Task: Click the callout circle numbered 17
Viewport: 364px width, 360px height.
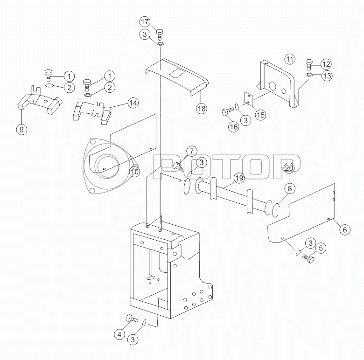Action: click(145, 22)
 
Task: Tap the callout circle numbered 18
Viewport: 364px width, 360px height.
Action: click(202, 108)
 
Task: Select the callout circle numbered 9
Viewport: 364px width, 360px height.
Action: click(21, 129)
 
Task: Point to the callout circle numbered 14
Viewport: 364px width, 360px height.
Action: click(133, 103)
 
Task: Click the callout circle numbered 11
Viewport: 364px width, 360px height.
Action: click(289, 59)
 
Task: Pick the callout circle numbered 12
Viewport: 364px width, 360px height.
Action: click(326, 64)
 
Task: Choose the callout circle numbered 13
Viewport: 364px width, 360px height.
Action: click(327, 76)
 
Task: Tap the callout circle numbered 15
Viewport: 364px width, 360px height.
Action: click(260, 115)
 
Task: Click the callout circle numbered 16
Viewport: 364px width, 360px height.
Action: click(233, 127)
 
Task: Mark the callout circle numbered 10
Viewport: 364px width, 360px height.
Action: click(135, 172)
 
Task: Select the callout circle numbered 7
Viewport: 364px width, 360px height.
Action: click(191, 152)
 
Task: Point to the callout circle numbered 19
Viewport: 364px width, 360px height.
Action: click(239, 178)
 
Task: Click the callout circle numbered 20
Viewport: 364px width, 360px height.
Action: click(289, 168)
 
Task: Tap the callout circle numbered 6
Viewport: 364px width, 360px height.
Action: click(345, 229)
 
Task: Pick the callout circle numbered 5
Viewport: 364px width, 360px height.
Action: click(321, 248)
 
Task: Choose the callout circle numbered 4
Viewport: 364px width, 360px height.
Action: click(119, 334)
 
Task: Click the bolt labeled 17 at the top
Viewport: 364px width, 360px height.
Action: click(160, 34)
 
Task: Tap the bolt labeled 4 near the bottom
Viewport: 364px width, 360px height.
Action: click(132, 318)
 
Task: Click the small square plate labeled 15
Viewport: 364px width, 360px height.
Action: click(248, 98)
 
